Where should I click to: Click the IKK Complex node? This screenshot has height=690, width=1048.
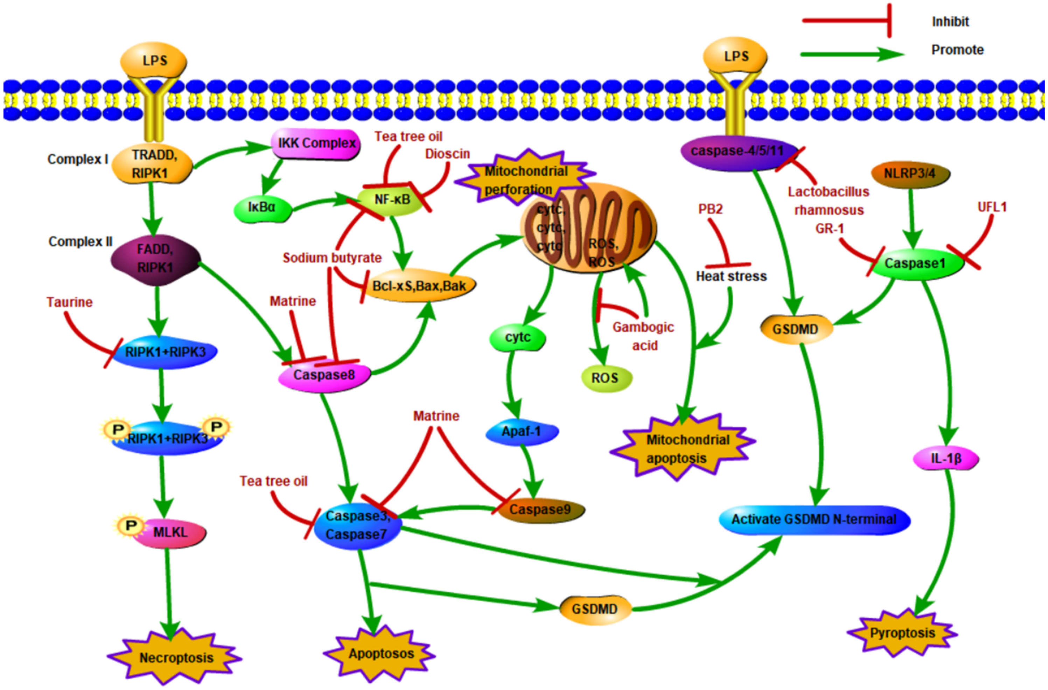click(316, 143)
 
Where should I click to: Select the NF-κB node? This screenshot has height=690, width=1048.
click(392, 200)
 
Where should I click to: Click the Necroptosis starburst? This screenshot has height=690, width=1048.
click(176, 657)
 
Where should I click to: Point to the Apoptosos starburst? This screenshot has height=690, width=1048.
click(380, 654)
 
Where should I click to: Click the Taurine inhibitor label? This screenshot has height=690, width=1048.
click(70, 302)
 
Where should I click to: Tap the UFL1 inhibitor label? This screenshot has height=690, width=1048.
click(992, 207)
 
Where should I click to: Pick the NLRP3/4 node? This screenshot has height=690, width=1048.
click(910, 173)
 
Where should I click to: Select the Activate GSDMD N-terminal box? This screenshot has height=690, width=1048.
click(814, 520)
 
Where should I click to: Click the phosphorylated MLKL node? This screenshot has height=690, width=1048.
click(169, 533)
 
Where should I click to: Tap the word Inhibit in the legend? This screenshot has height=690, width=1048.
click(950, 22)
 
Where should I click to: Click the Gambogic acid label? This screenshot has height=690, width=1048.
click(644, 336)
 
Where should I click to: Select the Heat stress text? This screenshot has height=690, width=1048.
click(731, 276)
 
